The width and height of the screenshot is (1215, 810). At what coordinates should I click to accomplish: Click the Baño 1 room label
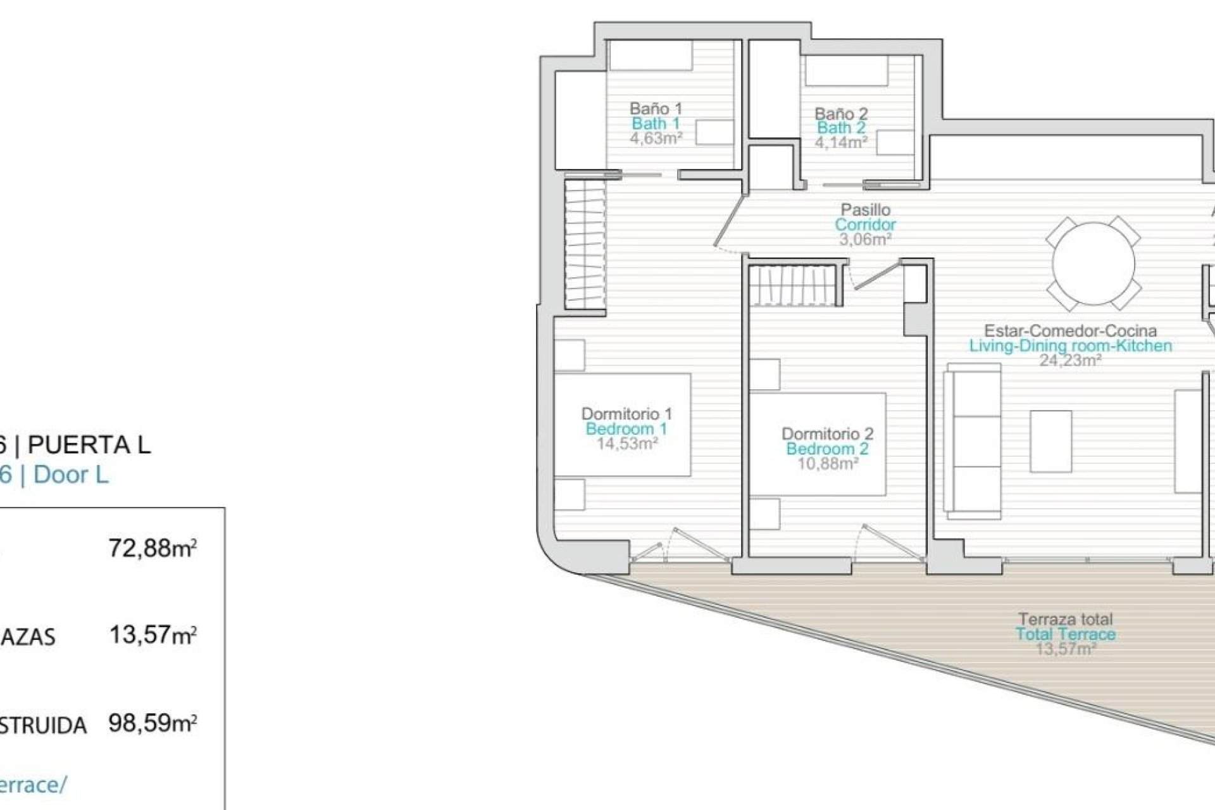click(656, 108)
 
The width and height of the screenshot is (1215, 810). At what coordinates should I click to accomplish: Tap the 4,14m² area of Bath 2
click(840, 142)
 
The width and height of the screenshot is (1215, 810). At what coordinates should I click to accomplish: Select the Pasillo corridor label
click(865, 209)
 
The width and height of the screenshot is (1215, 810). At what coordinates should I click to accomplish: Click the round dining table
click(1093, 264)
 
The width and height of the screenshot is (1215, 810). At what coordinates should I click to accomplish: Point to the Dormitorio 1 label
click(626, 414)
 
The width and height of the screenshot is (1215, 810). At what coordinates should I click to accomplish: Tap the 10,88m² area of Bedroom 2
click(827, 464)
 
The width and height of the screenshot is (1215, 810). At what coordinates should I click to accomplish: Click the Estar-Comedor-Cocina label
click(1070, 330)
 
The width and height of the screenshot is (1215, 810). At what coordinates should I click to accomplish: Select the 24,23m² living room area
click(1070, 360)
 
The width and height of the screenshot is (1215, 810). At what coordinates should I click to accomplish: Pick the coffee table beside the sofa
click(1050, 441)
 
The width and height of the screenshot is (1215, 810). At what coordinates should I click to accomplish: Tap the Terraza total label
click(1066, 619)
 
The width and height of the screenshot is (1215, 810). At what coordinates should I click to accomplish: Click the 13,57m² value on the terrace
click(1066, 649)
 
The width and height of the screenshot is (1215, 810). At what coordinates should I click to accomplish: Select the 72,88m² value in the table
click(152, 548)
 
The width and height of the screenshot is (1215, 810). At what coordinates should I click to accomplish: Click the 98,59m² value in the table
click(152, 723)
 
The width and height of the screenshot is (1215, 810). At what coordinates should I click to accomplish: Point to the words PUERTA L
click(89, 445)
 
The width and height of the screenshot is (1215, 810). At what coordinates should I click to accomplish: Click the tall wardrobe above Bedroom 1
click(584, 244)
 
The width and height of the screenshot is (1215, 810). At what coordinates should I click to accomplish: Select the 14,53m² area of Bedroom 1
click(626, 444)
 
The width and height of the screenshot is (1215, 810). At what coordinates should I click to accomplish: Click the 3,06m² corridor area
click(865, 239)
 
